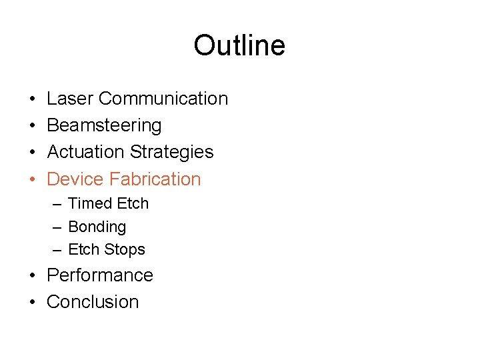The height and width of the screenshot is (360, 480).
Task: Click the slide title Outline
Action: click(239, 46)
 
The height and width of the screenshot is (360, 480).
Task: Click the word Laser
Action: click(70, 99)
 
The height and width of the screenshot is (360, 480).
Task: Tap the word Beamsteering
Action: click(104, 125)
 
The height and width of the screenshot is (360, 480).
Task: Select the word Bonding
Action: click(97, 227)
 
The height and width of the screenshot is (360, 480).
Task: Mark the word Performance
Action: click(100, 275)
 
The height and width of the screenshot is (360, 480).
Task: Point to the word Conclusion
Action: click(93, 302)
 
